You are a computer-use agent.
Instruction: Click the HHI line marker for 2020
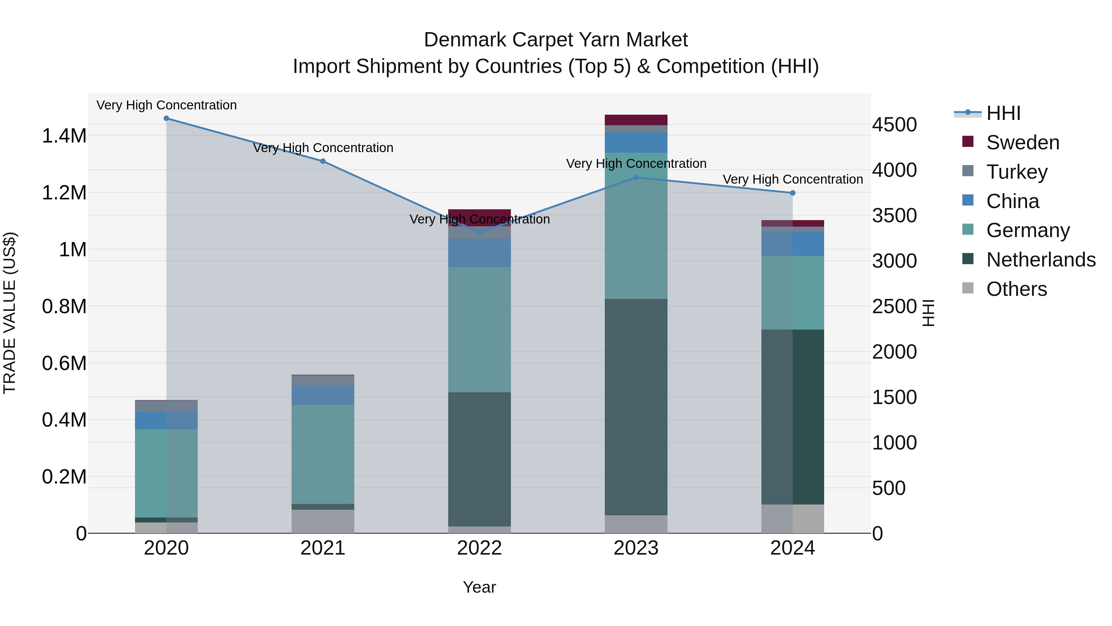tap(166, 118)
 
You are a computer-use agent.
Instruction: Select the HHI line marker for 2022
tap(479, 232)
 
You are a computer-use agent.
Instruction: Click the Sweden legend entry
tap(1022, 143)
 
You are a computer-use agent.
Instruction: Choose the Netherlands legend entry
tap(1040, 260)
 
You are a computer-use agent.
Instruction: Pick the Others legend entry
tap(1016, 289)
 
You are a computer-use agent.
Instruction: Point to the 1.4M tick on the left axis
tap(64, 136)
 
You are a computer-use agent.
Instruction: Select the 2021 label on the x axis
tap(323, 548)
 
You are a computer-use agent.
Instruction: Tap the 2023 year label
tap(636, 548)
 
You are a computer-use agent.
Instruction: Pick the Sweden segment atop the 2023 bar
tap(636, 120)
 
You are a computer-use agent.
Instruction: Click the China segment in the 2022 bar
tap(479, 253)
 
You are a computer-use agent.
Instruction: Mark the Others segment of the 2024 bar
tap(793, 518)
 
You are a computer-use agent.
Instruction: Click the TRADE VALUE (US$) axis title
tap(10, 313)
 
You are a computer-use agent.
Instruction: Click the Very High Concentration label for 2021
tap(323, 148)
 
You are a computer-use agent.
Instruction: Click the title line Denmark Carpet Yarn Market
tap(556, 40)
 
